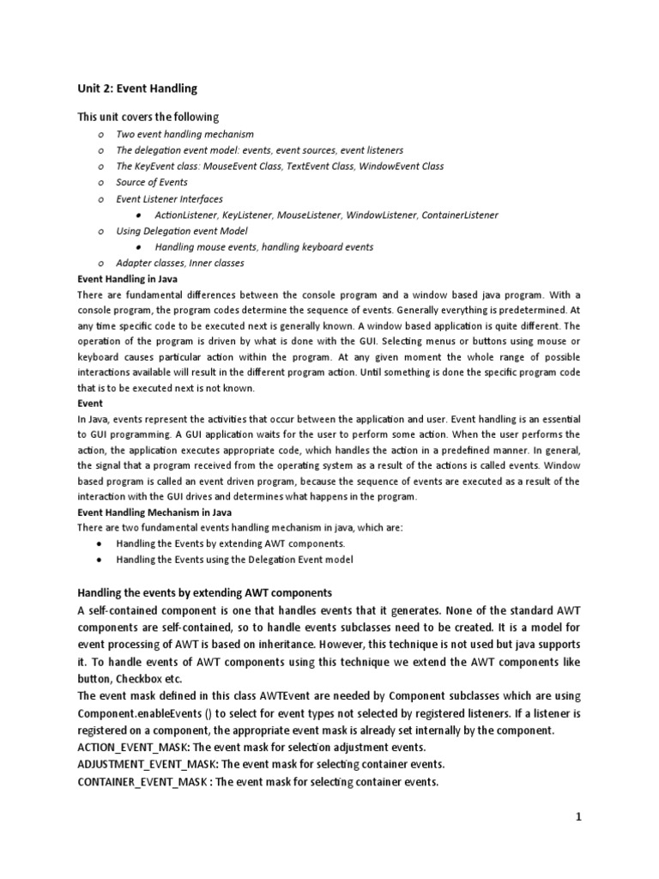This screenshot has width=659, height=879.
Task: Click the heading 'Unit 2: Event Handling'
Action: click(x=137, y=88)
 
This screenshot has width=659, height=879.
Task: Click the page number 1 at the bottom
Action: click(x=578, y=817)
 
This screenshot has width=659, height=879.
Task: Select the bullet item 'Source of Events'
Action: click(x=152, y=182)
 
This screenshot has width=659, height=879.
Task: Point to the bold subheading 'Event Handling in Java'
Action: click(x=128, y=280)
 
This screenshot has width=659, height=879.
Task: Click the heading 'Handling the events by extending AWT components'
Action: click(x=204, y=593)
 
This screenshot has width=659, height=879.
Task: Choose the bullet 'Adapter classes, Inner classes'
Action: click(x=180, y=264)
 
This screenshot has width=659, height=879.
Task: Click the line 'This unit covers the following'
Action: click(x=148, y=117)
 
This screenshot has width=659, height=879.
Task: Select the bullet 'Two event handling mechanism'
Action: click(x=185, y=134)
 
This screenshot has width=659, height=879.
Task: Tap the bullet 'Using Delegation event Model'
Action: click(x=182, y=231)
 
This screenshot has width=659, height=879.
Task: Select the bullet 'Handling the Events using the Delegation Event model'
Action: click(x=234, y=560)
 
